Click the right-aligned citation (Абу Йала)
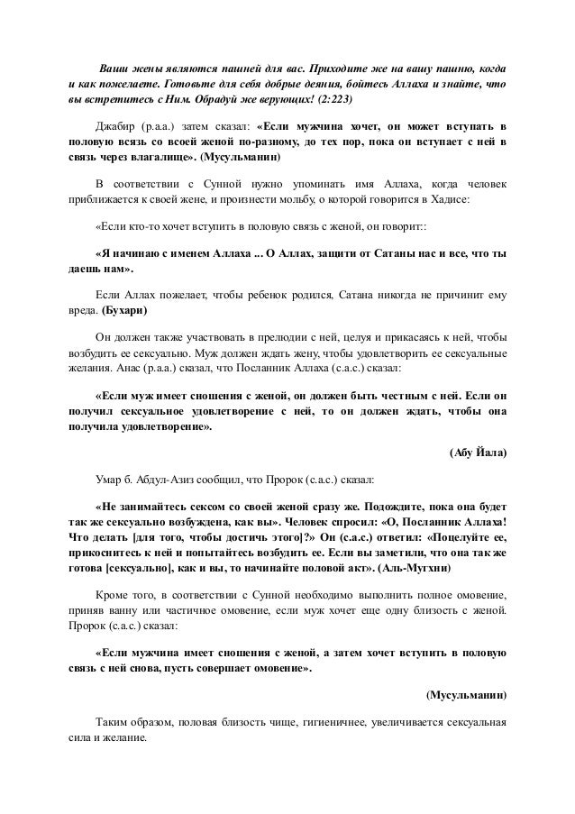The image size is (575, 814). [x=477, y=453]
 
